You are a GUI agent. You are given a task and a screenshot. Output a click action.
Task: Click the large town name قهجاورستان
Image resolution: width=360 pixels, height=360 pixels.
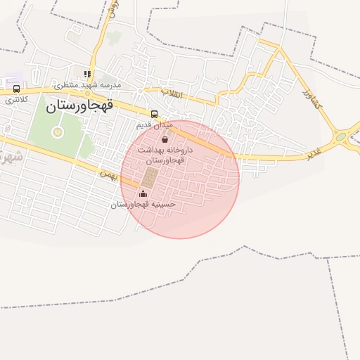click(x=79, y=108)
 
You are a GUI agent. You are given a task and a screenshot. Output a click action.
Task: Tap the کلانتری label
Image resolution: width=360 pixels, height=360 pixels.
click(x=16, y=100)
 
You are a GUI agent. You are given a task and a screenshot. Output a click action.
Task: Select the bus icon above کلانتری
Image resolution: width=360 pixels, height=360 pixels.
click(x=16, y=89)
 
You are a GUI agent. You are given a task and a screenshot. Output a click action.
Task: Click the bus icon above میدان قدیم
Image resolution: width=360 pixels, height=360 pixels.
click(x=154, y=113)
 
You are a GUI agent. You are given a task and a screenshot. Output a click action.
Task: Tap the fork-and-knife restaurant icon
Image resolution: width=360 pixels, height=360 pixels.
click(x=87, y=73)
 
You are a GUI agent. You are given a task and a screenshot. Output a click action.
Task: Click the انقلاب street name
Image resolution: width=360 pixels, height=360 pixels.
click(x=172, y=92)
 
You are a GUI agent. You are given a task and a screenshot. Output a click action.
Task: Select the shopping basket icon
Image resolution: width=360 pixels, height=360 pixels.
click(x=165, y=139)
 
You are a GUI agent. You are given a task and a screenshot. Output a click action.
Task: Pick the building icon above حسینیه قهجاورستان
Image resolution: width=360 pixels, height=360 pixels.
click(x=143, y=193)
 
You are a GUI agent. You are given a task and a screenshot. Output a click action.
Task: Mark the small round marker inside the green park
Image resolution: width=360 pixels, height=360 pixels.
click(x=58, y=131)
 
